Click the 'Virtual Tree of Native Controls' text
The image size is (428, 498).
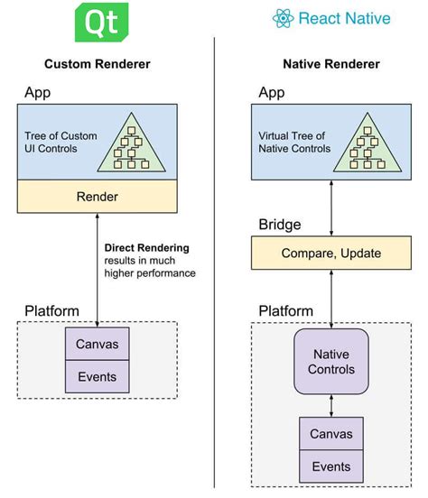tap(293, 142)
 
